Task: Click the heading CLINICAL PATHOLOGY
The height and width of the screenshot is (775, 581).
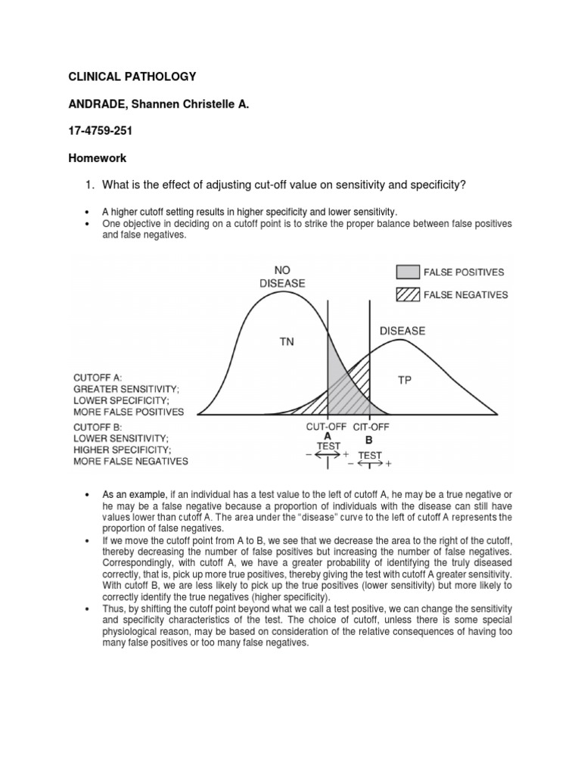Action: (132, 76)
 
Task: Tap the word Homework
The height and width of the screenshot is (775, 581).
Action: (98, 158)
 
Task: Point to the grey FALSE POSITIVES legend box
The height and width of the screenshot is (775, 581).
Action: (408, 272)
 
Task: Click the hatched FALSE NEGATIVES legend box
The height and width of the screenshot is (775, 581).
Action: (408, 295)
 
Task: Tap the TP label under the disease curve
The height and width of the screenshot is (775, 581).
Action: (405, 381)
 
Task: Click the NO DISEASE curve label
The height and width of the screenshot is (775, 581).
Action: (282, 277)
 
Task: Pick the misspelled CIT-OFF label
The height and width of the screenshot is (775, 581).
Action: (371, 427)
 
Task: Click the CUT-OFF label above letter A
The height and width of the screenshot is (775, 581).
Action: (326, 427)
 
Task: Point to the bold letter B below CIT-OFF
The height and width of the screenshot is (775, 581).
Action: (369, 439)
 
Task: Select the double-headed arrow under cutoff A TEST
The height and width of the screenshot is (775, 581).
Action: (328, 455)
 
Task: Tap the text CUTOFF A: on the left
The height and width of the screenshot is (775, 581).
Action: (98, 377)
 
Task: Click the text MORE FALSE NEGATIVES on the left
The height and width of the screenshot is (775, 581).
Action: (131, 461)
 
